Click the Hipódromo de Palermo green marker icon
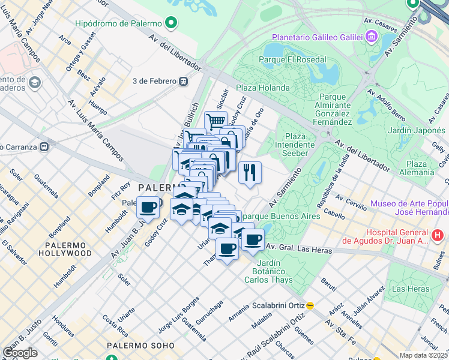click(x=171, y=23)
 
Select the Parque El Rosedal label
click(x=292, y=59)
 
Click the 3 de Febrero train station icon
click(x=182, y=81)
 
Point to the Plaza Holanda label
click(x=262, y=88)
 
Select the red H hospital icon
click(x=438, y=235)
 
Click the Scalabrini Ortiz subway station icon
click(x=310, y=304)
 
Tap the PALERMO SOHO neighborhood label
click(x=140, y=346)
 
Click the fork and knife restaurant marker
click(x=250, y=172)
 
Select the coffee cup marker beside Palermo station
click(x=148, y=208)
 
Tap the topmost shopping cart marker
click(x=215, y=121)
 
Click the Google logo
click(x=20, y=353)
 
